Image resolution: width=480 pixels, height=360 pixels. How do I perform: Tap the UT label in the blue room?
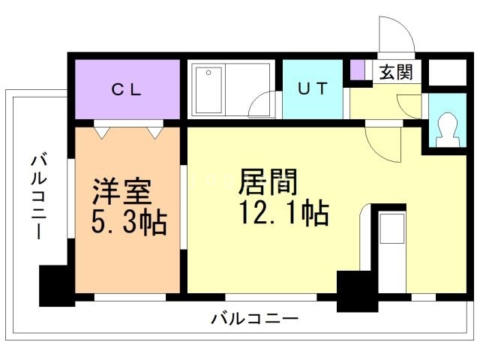click(312, 89)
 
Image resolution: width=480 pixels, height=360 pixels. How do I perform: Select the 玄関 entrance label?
click(394, 73)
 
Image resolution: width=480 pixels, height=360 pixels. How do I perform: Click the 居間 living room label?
click(268, 183)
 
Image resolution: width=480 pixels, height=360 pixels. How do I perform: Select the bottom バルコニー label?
click(254, 319)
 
